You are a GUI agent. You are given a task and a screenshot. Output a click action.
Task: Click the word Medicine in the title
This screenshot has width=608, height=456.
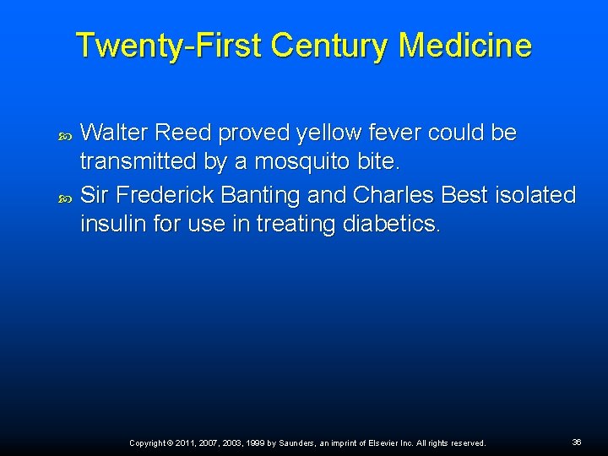[x=465, y=45]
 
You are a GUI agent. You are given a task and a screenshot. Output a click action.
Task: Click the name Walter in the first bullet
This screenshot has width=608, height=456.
[x=116, y=133]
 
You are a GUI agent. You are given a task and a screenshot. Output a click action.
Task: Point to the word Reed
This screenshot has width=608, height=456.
[x=186, y=133]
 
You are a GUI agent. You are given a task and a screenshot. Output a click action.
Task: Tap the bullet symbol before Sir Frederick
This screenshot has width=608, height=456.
[x=67, y=197]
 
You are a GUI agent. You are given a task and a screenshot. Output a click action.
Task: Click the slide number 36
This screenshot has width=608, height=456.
[x=577, y=442]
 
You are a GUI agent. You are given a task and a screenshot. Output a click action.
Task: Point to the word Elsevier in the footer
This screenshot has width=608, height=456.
[x=371, y=442]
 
